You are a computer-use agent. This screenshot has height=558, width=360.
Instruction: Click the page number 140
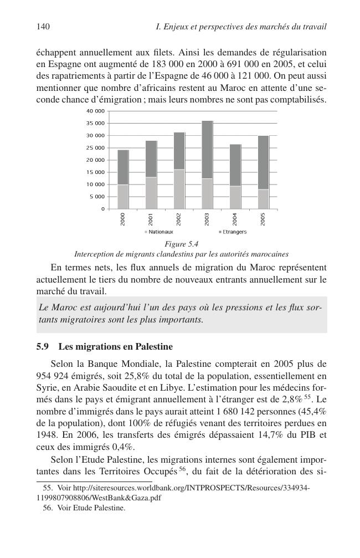pyautogui.click(x=43, y=27)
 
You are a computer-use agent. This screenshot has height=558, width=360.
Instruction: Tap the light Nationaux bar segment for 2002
pyautogui.click(x=179, y=189)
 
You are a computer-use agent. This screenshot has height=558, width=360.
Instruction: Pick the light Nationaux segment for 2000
pyautogui.click(x=123, y=197)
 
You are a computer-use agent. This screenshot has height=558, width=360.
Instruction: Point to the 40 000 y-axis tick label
pyautogui.click(x=95, y=111)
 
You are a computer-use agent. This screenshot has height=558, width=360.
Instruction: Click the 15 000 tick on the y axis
pyautogui.click(x=95, y=172)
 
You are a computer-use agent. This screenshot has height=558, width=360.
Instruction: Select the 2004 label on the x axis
pyautogui.click(x=235, y=219)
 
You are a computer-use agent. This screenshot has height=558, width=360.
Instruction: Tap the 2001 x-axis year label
pyautogui.click(x=151, y=219)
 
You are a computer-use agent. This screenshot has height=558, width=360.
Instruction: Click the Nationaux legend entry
pyautogui.click(x=159, y=232)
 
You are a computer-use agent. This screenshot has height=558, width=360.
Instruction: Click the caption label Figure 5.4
pyautogui.click(x=182, y=244)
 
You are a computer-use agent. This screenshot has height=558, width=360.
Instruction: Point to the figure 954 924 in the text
pyautogui.click(x=52, y=375)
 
